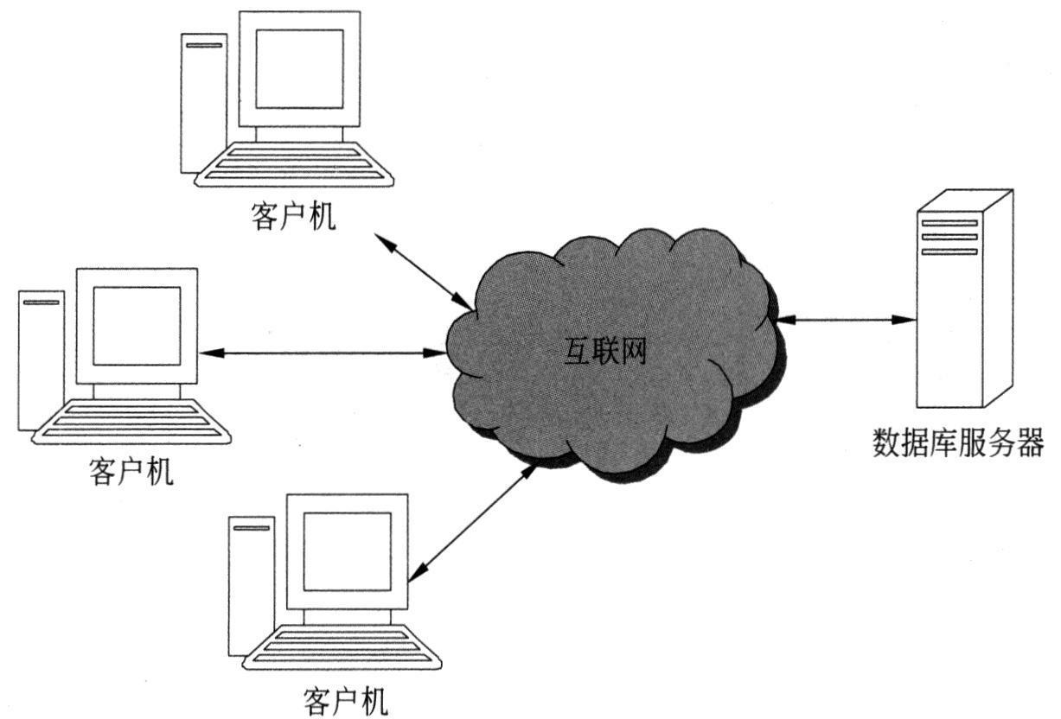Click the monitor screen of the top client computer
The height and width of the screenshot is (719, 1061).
coord(299,69)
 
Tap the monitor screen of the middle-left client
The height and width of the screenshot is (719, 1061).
coord(137,326)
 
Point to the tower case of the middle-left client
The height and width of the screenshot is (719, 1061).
coord(41,359)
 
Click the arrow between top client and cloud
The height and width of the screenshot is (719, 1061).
coord(424,270)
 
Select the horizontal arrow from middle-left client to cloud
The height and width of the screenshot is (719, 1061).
coord(322,353)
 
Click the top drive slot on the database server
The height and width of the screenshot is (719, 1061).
coord(949,223)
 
